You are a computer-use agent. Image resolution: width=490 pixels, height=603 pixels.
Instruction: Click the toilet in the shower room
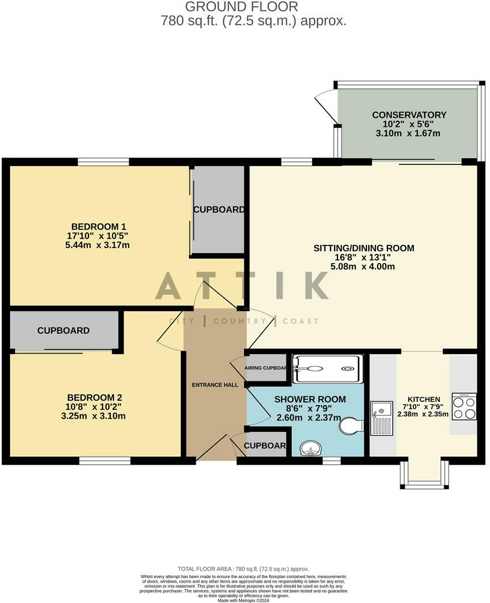pyautogui.click(x=352, y=426)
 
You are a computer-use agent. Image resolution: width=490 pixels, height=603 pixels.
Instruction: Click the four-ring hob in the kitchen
pyautogui.click(x=464, y=407)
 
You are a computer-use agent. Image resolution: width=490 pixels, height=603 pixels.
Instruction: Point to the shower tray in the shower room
pyautogui.click(x=327, y=368)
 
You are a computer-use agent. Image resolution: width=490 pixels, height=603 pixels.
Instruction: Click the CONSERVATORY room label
pyautogui.click(x=409, y=115)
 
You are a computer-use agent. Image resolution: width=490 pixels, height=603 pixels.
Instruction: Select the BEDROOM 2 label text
pyautogui.click(x=94, y=397)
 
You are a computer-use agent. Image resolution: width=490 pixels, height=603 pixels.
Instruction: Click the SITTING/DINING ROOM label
pyautogui.click(x=364, y=248)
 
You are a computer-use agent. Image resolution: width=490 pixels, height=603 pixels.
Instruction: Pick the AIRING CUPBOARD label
pyautogui.click(x=266, y=368)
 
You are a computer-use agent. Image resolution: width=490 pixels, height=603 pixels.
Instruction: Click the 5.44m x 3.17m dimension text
pyautogui.click(x=98, y=245)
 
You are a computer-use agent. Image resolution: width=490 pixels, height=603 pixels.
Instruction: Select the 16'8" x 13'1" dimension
pyautogui.click(x=364, y=257)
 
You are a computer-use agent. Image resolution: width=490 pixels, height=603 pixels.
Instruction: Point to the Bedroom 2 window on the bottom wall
pyautogui.click(x=105, y=461)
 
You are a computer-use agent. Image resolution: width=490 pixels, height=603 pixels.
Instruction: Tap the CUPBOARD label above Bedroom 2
pyautogui.click(x=64, y=330)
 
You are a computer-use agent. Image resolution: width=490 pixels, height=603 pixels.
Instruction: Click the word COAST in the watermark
pyautogui.click(x=300, y=321)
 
